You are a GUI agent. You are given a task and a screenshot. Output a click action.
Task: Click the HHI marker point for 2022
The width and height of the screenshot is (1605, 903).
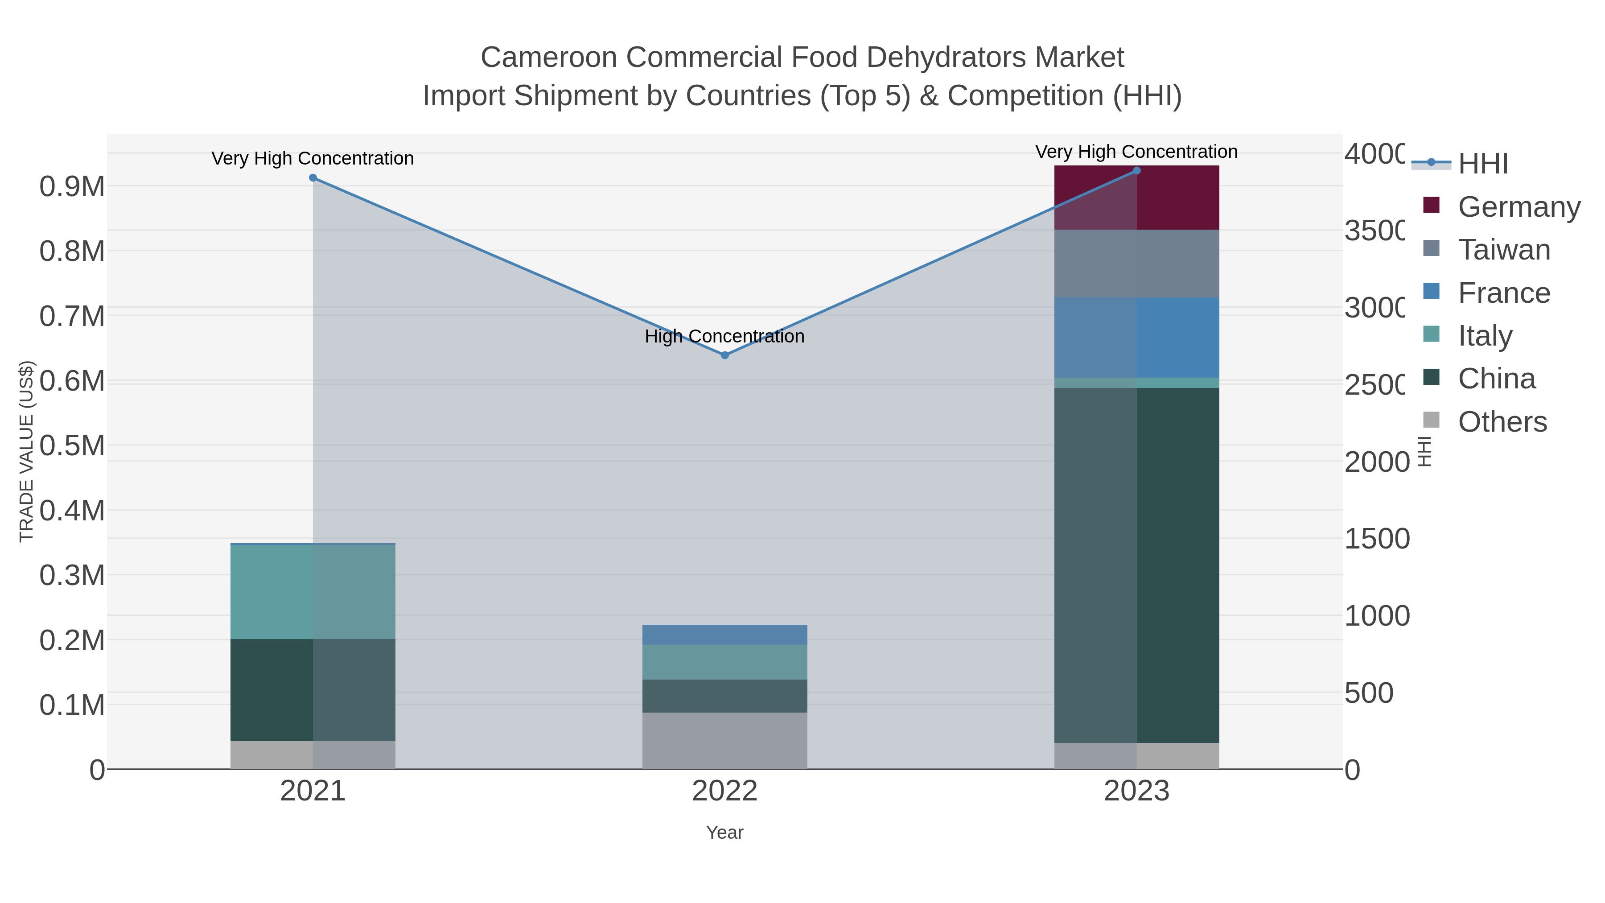pyautogui.click(x=724, y=355)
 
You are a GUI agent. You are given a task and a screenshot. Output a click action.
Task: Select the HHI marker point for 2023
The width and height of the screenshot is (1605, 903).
pyautogui.click(x=1136, y=171)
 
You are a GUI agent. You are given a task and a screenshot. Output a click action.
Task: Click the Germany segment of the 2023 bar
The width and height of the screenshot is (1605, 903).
pyautogui.click(x=1136, y=198)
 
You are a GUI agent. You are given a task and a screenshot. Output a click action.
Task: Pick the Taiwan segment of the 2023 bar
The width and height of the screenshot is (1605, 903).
pyautogui.click(x=1136, y=264)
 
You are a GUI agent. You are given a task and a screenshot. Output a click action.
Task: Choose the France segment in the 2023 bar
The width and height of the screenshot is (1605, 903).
pyautogui.click(x=1136, y=337)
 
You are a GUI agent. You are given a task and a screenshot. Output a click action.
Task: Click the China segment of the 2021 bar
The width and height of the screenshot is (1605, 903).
pyautogui.click(x=313, y=690)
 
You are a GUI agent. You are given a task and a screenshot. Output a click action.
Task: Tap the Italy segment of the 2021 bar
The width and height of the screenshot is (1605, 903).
pyautogui.click(x=313, y=591)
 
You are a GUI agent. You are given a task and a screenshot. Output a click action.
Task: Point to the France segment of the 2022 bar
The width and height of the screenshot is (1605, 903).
pyautogui.click(x=724, y=635)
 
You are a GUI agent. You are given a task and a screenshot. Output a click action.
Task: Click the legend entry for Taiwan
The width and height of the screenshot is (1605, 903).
pyautogui.click(x=1503, y=250)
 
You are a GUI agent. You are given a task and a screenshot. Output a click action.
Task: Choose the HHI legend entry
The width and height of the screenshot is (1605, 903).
pyautogui.click(x=1483, y=164)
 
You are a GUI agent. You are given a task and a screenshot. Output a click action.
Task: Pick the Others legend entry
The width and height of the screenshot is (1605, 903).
pyautogui.click(x=1502, y=422)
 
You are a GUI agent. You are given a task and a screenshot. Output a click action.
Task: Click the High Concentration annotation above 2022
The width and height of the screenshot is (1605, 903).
pyautogui.click(x=724, y=337)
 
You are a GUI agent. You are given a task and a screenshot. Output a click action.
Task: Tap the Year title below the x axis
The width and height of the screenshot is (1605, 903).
pyautogui.click(x=724, y=833)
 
